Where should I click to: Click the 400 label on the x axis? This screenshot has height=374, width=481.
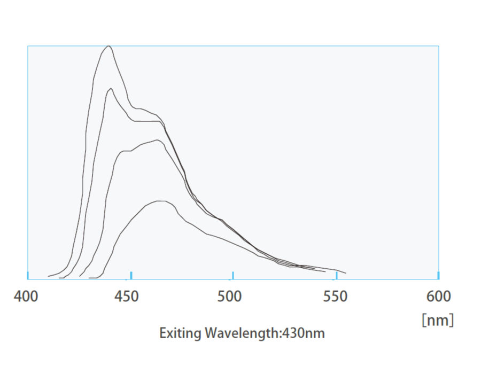pos(26,296)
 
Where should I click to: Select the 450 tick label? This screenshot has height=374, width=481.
pos(127,296)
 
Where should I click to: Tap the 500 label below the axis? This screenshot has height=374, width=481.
pos(230,296)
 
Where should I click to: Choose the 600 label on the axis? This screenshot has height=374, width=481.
pos(438,296)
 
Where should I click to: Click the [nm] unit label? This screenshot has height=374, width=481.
pos(438,320)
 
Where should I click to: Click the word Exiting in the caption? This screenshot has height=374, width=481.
pos(180,333)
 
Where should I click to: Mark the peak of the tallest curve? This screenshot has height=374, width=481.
pos(109,46)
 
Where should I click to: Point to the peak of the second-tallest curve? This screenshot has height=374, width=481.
pos(111,89)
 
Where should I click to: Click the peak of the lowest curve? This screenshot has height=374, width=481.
pos(160,201)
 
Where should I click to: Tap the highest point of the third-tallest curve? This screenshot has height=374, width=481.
pos(158,140)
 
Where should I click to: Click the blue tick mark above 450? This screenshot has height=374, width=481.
pos(131,275)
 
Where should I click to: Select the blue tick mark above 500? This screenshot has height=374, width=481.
pos(233,275)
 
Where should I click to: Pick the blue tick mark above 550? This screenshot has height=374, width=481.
pos(336,275)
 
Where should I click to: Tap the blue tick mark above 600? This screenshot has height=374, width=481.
pos(438,275)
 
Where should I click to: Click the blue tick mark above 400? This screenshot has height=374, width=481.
pos(28,275)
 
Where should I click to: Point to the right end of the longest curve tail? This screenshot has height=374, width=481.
pos(346,273)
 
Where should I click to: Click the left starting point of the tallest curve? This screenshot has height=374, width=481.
pos(49,276)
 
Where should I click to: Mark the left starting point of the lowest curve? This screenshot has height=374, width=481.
pos(89,278)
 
